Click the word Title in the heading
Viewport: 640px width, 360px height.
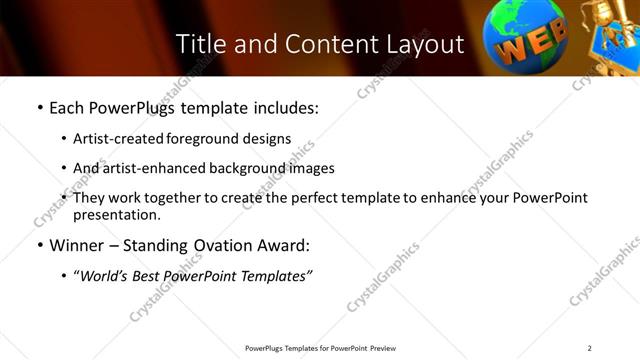(201, 44)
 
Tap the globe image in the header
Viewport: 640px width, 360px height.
(523, 38)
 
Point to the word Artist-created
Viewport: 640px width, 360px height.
(114, 138)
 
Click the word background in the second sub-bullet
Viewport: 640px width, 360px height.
(245, 168)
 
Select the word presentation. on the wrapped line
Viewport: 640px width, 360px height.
(116, 214)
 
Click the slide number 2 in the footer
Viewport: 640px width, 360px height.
(590, 348)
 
